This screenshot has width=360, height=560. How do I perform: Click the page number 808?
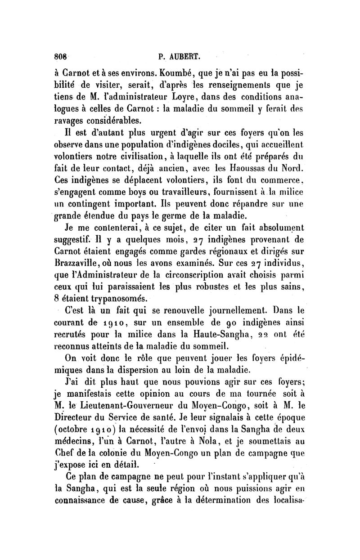[61, 57]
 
